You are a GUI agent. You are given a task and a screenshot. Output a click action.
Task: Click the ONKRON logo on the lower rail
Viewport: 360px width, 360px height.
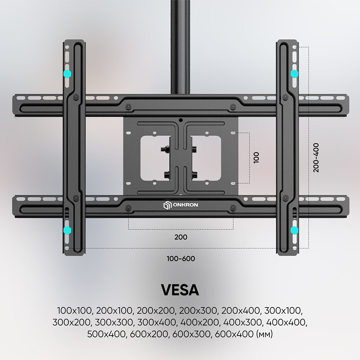click(180, 205)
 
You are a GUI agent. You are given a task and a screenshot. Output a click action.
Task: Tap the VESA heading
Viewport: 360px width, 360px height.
click(180, 290)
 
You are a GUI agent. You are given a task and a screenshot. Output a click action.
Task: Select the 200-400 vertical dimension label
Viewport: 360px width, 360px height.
click(316, 158)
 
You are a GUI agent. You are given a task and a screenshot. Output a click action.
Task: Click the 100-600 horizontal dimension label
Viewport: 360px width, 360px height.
click(181, 258)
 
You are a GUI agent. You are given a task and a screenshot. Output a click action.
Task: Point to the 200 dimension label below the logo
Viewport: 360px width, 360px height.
click(181, 237)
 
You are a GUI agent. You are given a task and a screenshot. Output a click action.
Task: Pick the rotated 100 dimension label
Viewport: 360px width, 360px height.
click(256, 158)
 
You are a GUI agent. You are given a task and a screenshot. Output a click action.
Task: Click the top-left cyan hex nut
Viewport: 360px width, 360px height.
click(67, 74)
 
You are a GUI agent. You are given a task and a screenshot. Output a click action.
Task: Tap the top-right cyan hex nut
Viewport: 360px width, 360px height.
click(294, 74)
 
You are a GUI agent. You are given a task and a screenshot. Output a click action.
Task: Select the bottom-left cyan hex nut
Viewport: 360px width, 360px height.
click(67, 230)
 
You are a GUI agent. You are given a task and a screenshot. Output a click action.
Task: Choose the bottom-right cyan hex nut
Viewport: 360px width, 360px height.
click(294, 230)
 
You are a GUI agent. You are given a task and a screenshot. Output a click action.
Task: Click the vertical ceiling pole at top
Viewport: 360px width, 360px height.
click(180, 47)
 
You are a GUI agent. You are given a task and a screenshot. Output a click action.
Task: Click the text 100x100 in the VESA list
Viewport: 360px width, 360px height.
click(75, 311)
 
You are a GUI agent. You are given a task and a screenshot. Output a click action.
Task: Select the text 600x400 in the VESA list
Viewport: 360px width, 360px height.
click(234, 334)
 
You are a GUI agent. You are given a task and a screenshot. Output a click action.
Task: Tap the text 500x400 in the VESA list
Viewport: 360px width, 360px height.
click(106, 334)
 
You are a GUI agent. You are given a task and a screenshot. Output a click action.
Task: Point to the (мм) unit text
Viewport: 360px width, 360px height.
click(265, 334)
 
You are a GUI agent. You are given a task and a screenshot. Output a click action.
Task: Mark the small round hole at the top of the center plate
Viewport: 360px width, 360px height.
click(181, 120)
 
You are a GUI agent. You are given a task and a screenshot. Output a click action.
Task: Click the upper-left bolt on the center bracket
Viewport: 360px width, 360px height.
click(165, 149)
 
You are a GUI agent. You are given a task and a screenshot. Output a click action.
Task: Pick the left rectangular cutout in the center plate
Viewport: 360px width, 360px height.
click(155, 158)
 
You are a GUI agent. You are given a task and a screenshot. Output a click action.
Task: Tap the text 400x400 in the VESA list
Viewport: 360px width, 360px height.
click(285, 322)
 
